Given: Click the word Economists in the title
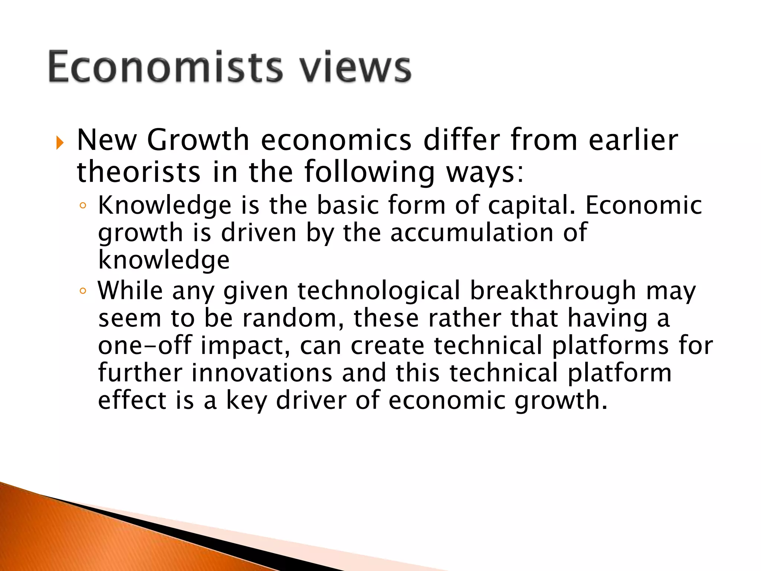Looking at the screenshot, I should pos(166,67).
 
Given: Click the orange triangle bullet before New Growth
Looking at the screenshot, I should pos(60,142).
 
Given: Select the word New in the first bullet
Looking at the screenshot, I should pos(107,140).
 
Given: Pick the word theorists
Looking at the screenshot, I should pos(139,172).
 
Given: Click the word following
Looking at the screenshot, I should pos(369,172).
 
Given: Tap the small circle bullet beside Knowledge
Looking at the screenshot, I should pos(83,206).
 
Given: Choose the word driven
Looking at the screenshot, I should pos(259,233).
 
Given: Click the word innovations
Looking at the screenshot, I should pos(262,373).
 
